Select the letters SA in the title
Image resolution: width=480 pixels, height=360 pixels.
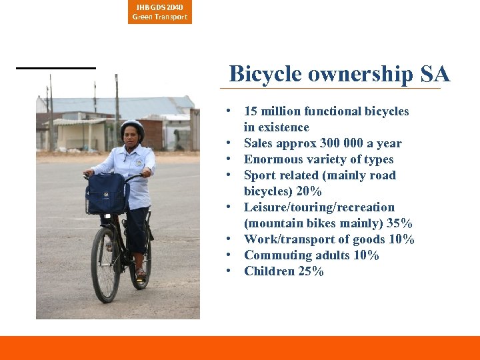pos(435,74)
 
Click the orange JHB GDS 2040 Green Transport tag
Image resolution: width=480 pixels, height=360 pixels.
pos(160,12)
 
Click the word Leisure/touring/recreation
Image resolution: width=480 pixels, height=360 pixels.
pos(319,207)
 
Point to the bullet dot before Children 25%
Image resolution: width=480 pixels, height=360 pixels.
pos(229,271)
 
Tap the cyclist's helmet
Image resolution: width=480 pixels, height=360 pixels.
pos(132,126)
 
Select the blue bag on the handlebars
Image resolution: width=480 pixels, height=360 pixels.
pos(107,193)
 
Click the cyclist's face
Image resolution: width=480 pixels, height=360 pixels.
pos(133,136)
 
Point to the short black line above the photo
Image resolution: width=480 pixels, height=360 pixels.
pos(56,68)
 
